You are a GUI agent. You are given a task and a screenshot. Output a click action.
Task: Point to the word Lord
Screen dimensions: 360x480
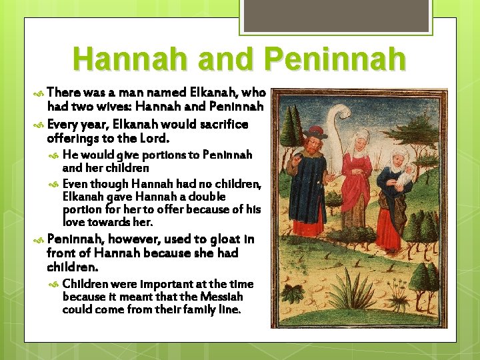pos(154,139)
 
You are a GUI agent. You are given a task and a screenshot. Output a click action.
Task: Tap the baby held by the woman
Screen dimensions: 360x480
pos(405,177)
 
